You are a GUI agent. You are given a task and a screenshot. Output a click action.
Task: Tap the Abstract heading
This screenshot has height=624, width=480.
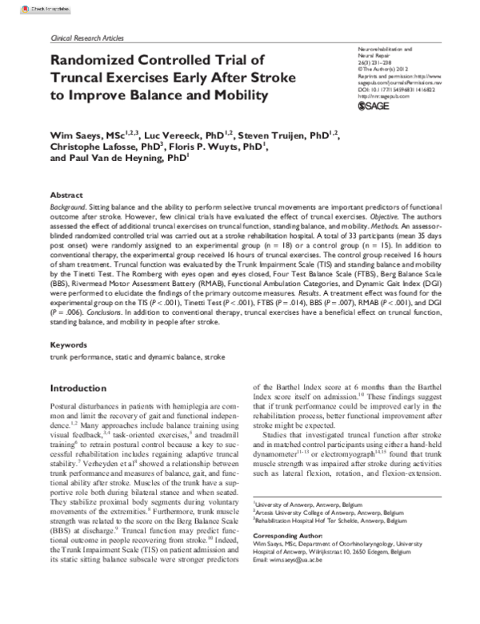[x=66, y=195]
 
